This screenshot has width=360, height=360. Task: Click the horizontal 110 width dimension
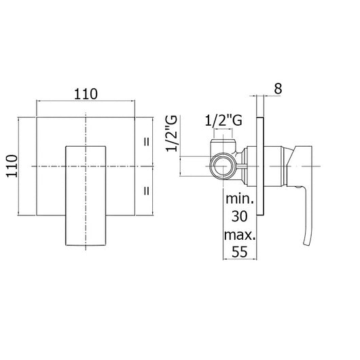[86, 94]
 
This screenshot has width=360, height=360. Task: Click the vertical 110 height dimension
[12, 166]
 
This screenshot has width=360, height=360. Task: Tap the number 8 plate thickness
[278, 88]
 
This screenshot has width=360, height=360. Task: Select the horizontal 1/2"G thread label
[223, 120]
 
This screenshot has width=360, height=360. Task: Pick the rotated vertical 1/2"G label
[172, 133]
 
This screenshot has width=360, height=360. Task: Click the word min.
[240, 198]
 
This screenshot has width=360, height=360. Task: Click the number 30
[240, 216]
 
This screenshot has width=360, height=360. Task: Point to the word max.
[240, 235]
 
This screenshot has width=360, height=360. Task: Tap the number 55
[240, 251]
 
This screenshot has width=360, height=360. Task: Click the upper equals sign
[147, 142]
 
